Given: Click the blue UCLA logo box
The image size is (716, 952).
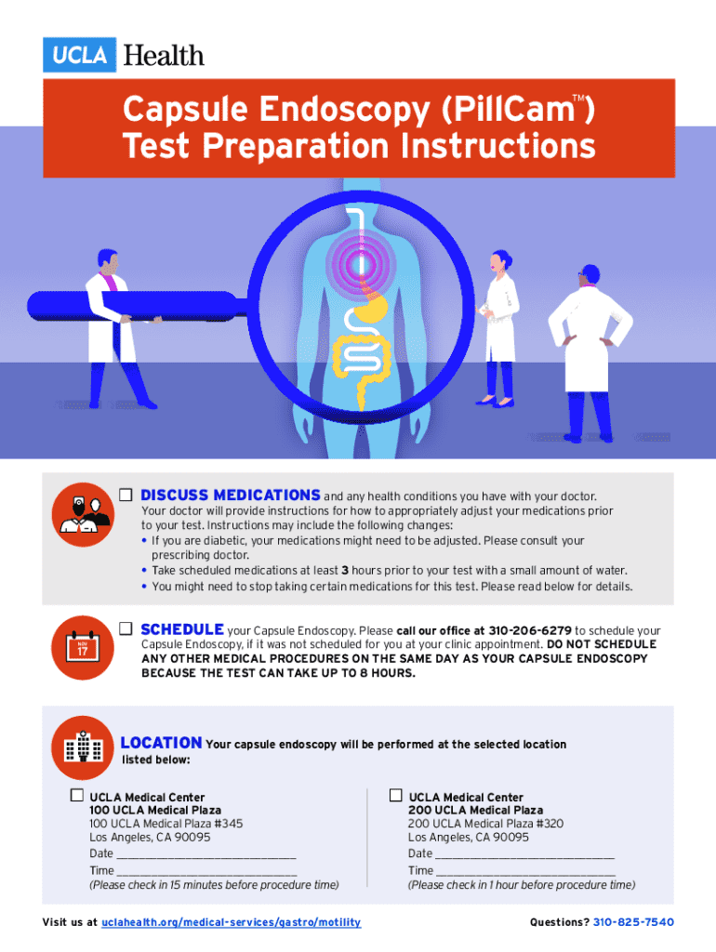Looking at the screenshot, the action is click(80, 55).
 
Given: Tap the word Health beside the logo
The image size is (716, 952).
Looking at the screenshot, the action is click(164, 55).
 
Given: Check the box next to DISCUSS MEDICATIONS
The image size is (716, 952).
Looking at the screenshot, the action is click(126, 495).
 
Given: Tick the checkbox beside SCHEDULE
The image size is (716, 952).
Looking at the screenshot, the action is click(126, 628).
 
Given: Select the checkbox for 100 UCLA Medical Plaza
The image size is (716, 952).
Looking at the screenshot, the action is click(77, 795).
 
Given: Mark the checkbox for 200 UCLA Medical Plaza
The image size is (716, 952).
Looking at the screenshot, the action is click(396, 795).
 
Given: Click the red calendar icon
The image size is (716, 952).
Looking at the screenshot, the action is click(83, 647).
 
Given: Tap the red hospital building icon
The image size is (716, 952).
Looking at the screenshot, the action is click(83, 747).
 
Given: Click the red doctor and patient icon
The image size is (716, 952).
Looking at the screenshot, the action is click(83, 514).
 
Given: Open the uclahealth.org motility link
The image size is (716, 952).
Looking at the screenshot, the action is click(231, 922).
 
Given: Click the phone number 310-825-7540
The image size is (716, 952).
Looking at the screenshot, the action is click(633, 922).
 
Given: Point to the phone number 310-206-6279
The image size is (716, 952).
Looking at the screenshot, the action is click(530, 631).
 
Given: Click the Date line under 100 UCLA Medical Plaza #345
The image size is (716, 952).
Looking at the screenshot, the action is click(206, 857).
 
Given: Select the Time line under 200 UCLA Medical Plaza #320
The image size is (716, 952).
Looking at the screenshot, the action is click(526, 874).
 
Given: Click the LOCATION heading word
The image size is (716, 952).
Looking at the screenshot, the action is click(161, 743).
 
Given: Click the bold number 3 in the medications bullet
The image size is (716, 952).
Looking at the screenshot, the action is click(345, 571).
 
